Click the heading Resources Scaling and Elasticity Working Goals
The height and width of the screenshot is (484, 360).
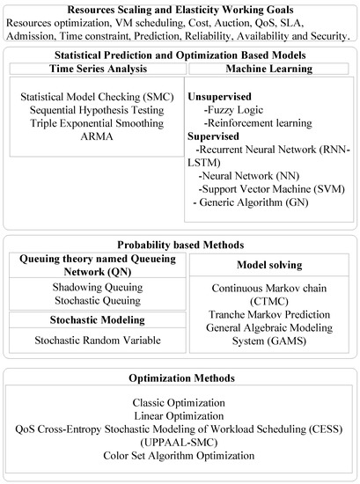pyautogui.click(x=179, y=10)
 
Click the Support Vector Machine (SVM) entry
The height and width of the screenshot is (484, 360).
pyautogui.click(x=273, y=189)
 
